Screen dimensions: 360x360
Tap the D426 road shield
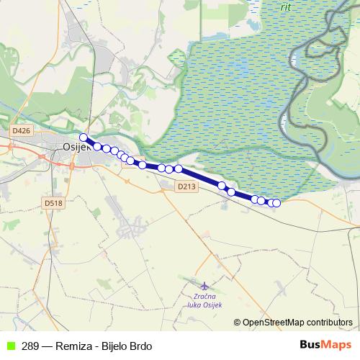coord(22,131)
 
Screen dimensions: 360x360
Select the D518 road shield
coord(53,204)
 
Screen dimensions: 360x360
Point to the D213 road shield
coord(186,186)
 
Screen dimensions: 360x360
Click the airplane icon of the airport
coord(204,287)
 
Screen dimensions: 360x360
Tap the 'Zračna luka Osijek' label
coord(207,300)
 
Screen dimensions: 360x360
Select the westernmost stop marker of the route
coord(84,137)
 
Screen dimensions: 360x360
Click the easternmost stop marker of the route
coord(276,203)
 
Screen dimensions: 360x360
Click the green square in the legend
coord(9,346)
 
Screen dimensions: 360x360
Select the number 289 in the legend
coord(30,346)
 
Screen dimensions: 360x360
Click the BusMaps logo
coord(325,345)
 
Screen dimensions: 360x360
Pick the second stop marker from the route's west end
coord(98,146)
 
